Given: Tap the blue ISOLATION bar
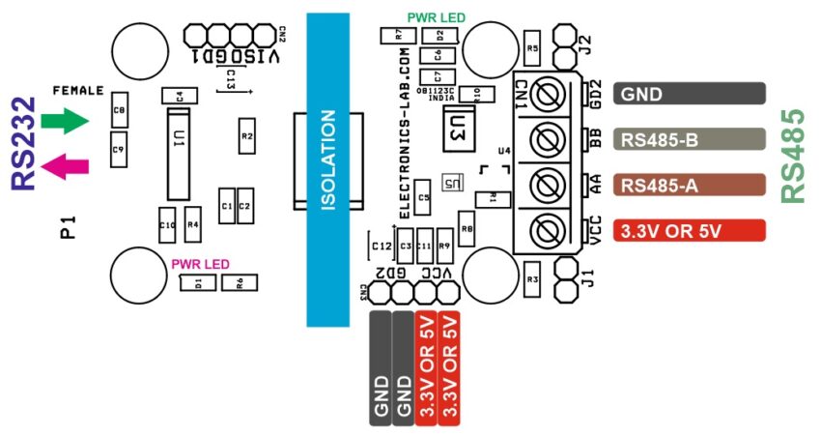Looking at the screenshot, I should point(327,170).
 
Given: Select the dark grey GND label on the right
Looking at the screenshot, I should point(690,94).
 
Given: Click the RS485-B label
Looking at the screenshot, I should point(690,140).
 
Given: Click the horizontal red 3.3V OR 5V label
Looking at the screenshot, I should point(690,231).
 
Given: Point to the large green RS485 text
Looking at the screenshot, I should point(793,155).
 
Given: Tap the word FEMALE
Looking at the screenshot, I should point(77,90).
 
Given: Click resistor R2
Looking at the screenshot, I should point(246,136).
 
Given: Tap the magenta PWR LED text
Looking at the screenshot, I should point(200,263).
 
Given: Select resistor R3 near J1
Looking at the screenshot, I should point(531,278).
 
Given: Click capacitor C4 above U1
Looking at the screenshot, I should point(179,94).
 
